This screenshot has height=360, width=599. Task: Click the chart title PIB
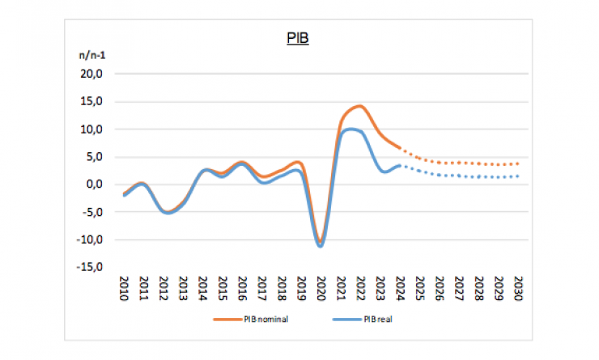click(299, 38)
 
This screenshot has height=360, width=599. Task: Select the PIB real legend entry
click(374, 319)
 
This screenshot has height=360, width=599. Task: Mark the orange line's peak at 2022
click(359, 106)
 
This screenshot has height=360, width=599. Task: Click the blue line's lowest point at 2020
click(321, 245)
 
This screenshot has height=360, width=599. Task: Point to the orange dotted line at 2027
click(459, 163)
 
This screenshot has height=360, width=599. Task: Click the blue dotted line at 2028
click(479, 176)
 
